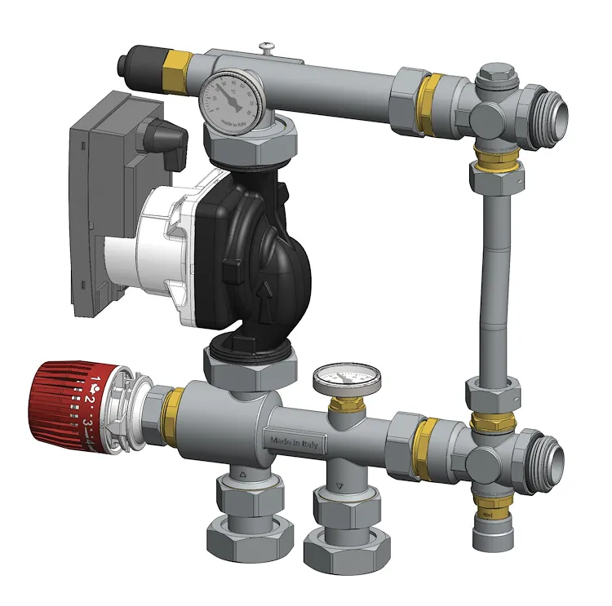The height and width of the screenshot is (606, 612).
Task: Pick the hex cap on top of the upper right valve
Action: coord(495,77)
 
